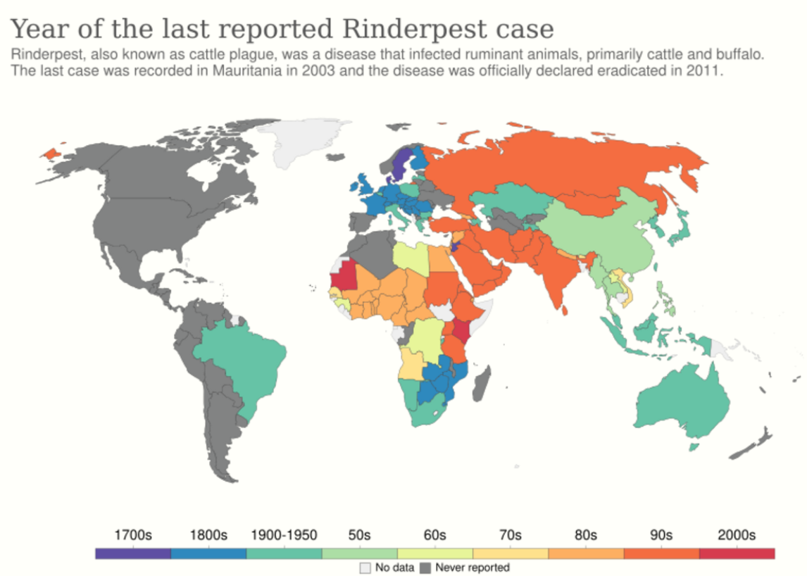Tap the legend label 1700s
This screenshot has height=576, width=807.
(x=132, y=534)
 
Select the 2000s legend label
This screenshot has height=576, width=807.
(x=737, y=534)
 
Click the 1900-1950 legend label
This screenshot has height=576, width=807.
(x=284, y=534)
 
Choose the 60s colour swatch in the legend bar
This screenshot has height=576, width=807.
(x=435, y=553)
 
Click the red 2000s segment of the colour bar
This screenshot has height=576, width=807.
(x=737, y=553)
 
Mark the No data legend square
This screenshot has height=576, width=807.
(x=365, y=567)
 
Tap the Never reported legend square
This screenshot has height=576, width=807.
(x=425, y=567)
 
